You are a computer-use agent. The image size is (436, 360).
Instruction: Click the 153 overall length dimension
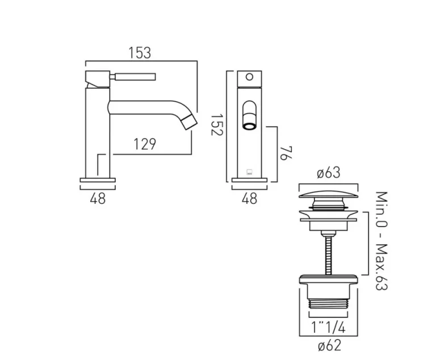[139, 53]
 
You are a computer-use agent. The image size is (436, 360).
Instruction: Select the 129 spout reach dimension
[145, 144]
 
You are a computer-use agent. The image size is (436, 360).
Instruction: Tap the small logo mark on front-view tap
[249, 169]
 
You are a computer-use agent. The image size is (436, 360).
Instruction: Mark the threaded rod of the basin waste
[328, 250]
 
